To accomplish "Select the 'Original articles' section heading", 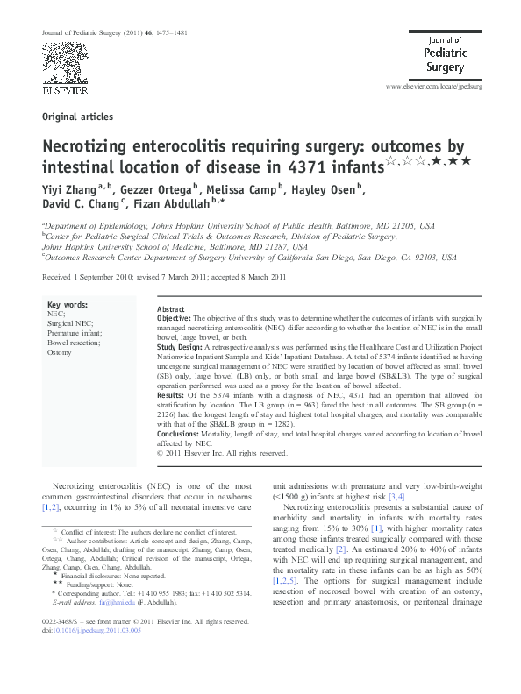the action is click(77, 117).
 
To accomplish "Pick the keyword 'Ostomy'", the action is click(60, 352).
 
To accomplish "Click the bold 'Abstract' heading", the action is click(170, 310).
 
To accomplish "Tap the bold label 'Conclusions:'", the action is click(180, 434).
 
